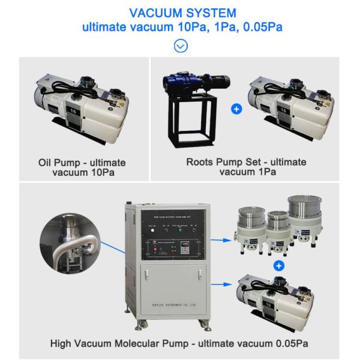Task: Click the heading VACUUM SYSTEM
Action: [x=180, y=13]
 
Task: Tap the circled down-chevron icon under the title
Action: [x=180, y=46]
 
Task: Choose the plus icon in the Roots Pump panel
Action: [x=236, y=110]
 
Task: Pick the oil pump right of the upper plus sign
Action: [x=290, y=106]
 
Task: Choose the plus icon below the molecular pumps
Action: [x=278, y=265]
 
